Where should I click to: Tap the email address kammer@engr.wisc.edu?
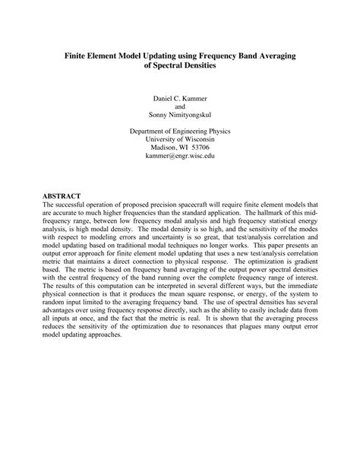point(180,155)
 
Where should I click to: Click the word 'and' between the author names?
point(180,107)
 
